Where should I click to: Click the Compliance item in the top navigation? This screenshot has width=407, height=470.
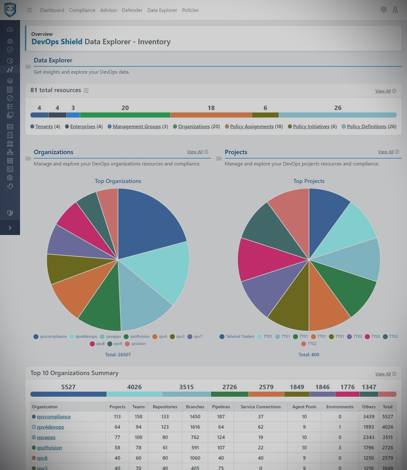(82, 10)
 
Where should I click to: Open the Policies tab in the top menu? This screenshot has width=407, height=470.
(190, 10)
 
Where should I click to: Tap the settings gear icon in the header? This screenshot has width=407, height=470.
(384, 10)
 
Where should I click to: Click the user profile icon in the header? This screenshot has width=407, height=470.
(395, 10)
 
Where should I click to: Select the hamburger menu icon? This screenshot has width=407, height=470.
(29, 10)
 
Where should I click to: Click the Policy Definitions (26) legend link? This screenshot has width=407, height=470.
(371, 127)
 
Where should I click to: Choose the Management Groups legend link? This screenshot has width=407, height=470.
(137, 127)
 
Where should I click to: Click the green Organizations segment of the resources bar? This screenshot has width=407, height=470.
(125, 115)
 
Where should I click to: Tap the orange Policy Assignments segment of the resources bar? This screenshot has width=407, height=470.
(211, 115)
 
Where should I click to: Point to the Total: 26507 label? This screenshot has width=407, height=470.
(118, 355)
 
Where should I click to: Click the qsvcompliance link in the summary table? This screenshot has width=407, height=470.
(54, 417)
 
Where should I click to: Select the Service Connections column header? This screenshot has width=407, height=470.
(260, 407)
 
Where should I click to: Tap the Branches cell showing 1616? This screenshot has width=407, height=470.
(195, 427)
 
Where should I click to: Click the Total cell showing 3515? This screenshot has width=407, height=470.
(387, 437)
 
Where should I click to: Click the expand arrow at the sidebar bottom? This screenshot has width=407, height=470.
(10, 228)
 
